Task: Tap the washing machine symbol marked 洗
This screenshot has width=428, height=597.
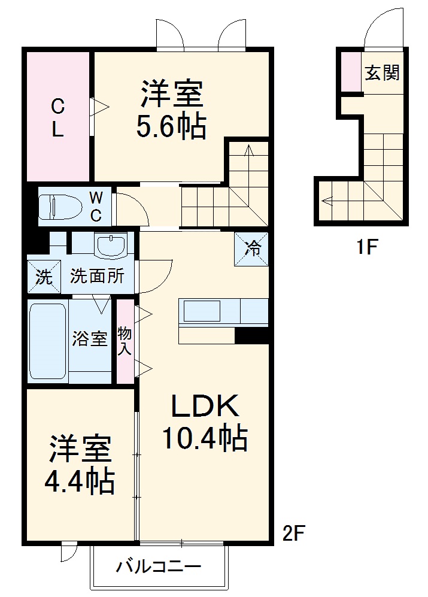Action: tap(44, 277)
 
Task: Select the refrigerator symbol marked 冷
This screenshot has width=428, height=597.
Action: tap(251, 248)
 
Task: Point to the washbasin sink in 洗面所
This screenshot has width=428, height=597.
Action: tap(111, 246)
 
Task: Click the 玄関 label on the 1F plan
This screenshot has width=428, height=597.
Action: tap(382, 74)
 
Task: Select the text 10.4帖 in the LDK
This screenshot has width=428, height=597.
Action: tap(204, 439)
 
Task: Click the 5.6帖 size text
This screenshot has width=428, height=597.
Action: tap(172, 126)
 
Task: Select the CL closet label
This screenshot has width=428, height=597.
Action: tap(57, 119)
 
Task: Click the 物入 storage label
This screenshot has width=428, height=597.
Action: tap(125, 342)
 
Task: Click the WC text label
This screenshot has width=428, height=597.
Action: tap(96, 206)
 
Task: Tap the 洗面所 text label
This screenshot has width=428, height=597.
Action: tap(98, 276)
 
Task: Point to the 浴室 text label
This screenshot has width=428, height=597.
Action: tap(90, 339)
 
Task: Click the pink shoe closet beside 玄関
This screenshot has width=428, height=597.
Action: tap(351, 72)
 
